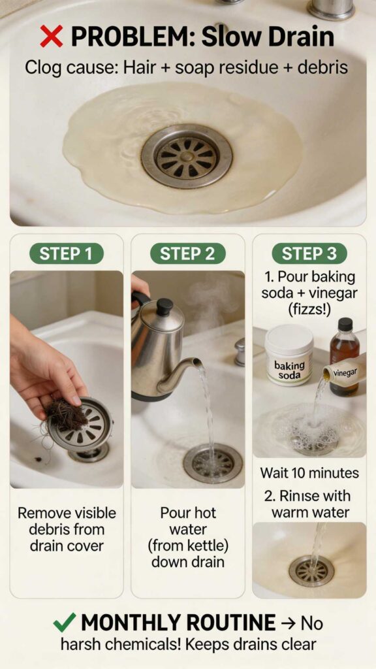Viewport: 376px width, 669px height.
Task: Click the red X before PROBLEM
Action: click(51, 37)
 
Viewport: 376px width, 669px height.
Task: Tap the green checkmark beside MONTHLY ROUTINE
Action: click(64, 623)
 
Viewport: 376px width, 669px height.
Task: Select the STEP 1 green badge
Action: click(66, 253)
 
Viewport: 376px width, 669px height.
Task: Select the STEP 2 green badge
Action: click(187, 253)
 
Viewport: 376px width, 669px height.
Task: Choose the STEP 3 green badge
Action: click(309, 253)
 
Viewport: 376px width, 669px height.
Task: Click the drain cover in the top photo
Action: click(187, 155)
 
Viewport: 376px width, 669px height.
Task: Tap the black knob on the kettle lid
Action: click(165, 306)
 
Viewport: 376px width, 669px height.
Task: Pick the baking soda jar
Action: click(289, 355)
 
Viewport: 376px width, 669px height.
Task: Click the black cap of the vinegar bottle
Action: click(345, 325)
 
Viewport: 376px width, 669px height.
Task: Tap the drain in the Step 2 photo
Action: click(212, 463)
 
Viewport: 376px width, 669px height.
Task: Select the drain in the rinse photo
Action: click(311, 570)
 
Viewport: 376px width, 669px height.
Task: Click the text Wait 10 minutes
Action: click(309, 472)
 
